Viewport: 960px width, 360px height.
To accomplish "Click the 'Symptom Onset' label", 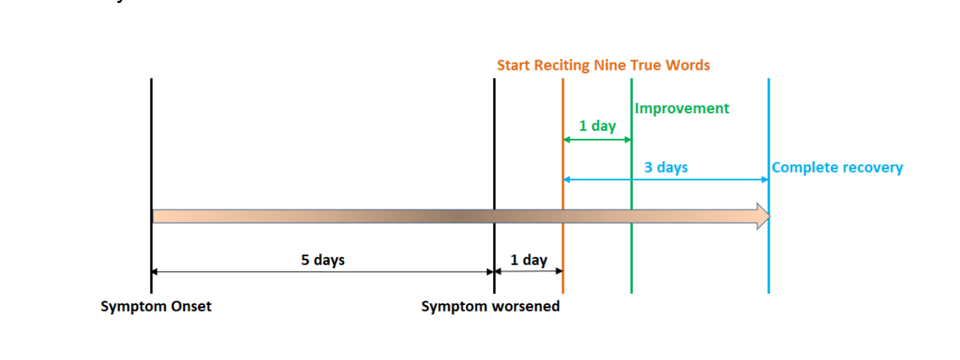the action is click(156, 307).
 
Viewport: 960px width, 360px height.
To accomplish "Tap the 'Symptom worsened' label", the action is click(490, 307).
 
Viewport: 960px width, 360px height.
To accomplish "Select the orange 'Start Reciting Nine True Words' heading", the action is click(603, 65).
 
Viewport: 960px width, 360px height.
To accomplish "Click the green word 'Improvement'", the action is click(681, 109).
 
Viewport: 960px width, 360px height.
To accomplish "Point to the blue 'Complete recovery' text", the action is click(837, 168).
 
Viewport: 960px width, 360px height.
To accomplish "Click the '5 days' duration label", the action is click(323, 260).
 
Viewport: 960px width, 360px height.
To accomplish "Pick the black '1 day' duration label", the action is click(529, 260).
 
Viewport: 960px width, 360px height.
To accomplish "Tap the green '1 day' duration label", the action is click(598, 126).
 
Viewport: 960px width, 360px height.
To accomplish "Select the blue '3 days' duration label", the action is click(666, 168).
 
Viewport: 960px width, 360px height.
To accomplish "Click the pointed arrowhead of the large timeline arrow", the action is click(770, 217).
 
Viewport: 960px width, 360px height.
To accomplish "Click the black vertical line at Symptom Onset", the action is click(151, 186).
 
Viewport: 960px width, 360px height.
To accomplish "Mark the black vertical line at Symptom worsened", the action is click(494, 186).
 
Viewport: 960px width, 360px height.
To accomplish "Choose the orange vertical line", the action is click(563, 186).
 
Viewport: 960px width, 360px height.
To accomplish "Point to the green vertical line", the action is click(631, 186).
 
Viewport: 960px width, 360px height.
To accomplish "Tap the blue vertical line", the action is click(768, 186).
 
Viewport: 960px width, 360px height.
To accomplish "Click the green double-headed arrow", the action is click(597, 140).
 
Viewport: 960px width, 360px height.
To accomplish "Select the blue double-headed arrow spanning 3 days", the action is click(665, 179).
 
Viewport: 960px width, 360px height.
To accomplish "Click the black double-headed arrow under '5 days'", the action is click(323, 272).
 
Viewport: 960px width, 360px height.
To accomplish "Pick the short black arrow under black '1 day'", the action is click(529, 271).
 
